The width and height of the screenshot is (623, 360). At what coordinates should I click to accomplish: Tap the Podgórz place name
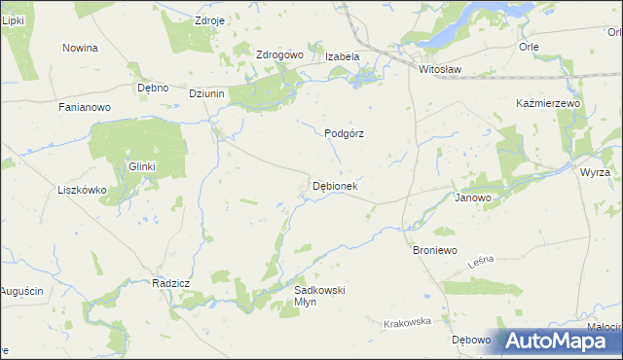pos(344,134)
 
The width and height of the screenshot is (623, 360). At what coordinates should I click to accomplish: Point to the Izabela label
pos(342,56)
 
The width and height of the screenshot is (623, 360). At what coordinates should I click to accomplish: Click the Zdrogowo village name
pos(279,55)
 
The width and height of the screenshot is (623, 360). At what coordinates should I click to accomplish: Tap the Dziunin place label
pos(207,93)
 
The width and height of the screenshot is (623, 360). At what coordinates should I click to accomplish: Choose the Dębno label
pos(153,88)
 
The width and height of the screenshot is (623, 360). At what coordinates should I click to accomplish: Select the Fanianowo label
pos(86,107)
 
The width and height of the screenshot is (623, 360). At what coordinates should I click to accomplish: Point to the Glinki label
pos(142,166)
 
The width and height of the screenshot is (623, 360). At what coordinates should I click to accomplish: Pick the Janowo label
pos(473,197)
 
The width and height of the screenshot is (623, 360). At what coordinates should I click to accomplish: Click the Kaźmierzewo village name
pos(547,103)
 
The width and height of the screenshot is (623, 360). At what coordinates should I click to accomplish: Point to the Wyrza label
pos(595,172)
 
